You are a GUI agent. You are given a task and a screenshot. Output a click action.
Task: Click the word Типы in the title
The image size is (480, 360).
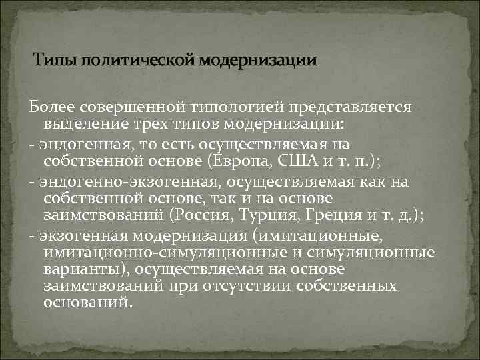[55, 61]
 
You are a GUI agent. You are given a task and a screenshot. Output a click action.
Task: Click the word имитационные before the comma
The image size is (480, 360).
[337, 235]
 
